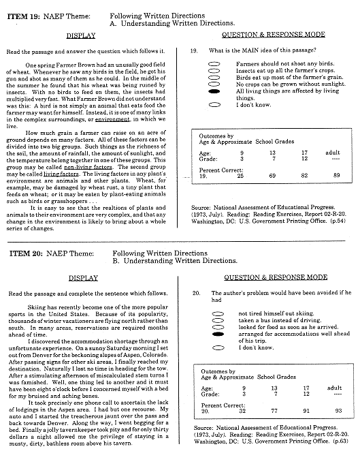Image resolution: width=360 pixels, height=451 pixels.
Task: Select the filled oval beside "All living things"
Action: pos(214,91)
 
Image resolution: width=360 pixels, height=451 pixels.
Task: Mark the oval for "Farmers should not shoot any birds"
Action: pos(214,63)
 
